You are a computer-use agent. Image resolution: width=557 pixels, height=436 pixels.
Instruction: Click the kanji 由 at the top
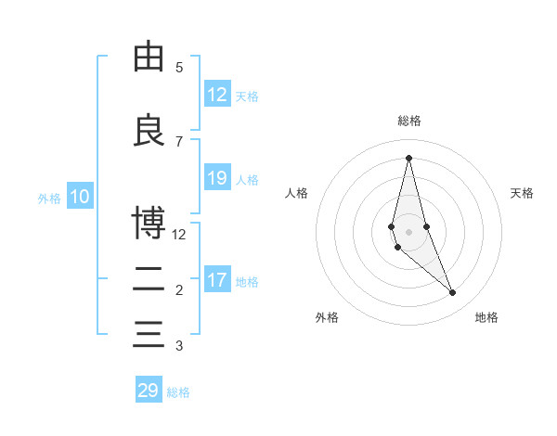(x=149, y=58)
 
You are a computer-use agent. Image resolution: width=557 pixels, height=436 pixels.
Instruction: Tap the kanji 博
(x=149, y=223)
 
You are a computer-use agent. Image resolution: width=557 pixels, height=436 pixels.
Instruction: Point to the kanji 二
(x=149, y=278)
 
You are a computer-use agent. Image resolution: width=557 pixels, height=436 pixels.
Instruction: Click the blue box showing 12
(x=217, y=95)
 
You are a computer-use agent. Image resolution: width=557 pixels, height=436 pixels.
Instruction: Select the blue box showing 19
(x=217, y=178)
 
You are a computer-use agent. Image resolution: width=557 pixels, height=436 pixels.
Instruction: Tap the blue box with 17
(x=217, y=280)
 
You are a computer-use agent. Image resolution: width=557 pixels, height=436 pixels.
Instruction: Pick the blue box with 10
(x=80, y=197)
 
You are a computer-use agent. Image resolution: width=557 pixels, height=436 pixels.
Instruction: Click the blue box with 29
(x=149, y=391)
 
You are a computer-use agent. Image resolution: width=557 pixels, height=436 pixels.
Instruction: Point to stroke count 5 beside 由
(x=179, y=68)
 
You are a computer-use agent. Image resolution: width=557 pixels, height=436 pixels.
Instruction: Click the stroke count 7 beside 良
(x=179, y=141)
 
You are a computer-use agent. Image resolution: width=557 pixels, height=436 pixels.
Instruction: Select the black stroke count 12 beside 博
(x=179, y=234)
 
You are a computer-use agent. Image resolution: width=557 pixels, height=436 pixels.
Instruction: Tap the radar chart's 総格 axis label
(x=408, y=121)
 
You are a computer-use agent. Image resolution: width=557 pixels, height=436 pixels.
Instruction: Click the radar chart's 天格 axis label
(x=522, y=193)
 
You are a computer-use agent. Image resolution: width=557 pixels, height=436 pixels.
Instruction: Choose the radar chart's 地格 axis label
(x=486, y=317)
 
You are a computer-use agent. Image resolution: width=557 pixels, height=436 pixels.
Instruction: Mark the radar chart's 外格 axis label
(x=327, y=317)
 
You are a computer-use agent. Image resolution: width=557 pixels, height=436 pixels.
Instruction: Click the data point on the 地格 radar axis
(x=453, y=293)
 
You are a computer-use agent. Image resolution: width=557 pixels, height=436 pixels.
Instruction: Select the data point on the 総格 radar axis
(x=408, y=157)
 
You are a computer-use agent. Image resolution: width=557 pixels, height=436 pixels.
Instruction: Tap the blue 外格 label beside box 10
(x=49, y=198)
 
